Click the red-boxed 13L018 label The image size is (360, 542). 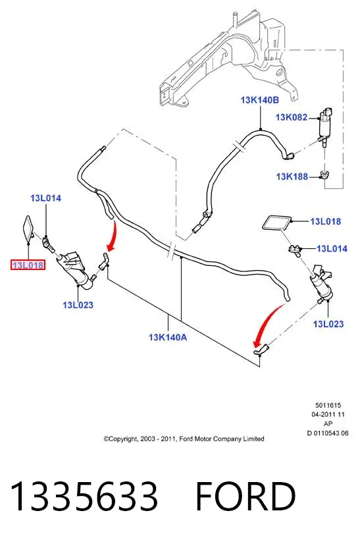28,265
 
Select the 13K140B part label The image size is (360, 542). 259,100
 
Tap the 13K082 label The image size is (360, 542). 292,117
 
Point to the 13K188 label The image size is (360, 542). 292,176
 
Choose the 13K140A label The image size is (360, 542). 168,337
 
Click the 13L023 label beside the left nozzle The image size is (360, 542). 78,305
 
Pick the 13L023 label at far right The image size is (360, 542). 328,324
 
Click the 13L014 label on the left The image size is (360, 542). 45,198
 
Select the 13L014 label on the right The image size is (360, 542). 332,248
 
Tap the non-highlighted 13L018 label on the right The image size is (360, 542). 326,221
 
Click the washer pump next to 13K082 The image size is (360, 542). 325,126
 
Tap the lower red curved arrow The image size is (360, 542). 268,323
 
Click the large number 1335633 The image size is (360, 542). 84,497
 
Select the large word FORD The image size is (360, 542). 245,497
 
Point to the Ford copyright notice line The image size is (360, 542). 184,439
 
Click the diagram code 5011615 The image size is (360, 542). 328,405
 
